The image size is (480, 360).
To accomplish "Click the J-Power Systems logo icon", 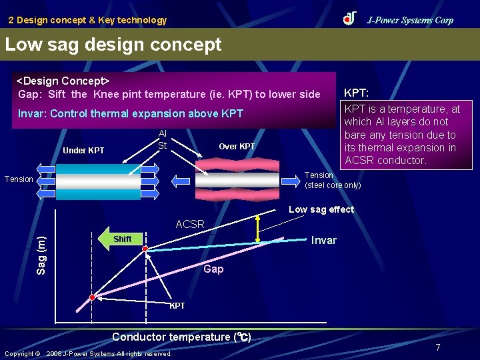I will (x=350, y=19).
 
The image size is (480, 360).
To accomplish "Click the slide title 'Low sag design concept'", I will (x=113, y=45).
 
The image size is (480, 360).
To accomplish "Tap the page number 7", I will (x=438, y=347).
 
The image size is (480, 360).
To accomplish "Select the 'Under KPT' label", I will (x=83, y=150).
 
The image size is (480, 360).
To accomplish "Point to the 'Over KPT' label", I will (x=237, y=147).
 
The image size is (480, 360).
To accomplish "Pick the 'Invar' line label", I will (x=324, y=240).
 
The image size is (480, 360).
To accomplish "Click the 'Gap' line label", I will (x=213, y=269).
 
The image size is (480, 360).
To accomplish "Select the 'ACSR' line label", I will (x=190, y=225).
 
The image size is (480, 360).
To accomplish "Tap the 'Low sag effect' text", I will (x=321, y=209).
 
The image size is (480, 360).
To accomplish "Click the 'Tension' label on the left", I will (x=19, y=179).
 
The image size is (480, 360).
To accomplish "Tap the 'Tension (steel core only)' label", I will (x=332, y=180).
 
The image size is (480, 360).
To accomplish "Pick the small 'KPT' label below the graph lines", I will (x=177, y=306).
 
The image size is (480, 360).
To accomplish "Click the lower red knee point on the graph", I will (x=93, y=297).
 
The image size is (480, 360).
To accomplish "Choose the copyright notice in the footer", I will (x=88, y=353).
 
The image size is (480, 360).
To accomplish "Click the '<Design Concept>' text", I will (x=63, y=81).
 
